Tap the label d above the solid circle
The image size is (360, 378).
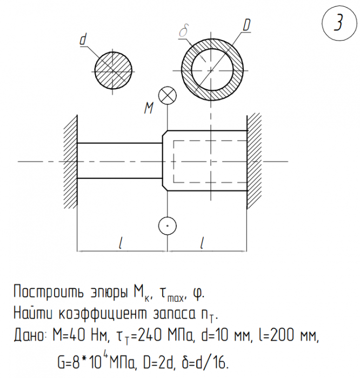(83, 39)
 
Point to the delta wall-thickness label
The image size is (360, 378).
(183, 31)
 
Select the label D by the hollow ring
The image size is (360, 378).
(246, 25)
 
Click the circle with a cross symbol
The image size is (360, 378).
(168, 96)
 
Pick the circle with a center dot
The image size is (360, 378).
(168, 226)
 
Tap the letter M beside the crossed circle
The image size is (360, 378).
(149, 108)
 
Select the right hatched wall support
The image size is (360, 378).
(254, 161)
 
